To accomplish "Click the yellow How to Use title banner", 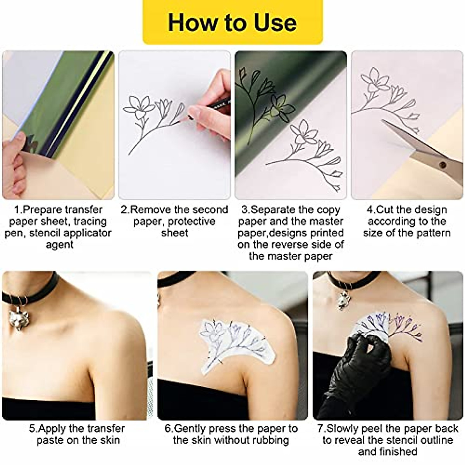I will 232,22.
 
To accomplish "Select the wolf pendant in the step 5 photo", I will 18,318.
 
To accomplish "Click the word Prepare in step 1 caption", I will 43,210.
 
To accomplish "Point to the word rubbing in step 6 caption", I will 270,440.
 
